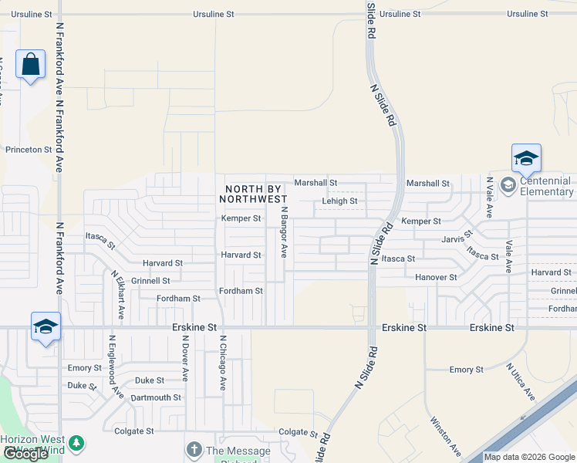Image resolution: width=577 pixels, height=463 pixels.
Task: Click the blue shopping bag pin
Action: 30,65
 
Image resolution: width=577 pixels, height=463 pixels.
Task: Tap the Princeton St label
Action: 28,150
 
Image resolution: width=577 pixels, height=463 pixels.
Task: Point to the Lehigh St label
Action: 339,201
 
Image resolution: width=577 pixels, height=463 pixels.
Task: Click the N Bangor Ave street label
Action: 284,232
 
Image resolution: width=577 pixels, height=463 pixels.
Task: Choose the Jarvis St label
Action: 458,238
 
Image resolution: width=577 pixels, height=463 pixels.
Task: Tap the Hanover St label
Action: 436,277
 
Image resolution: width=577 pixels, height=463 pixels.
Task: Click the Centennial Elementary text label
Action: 546,186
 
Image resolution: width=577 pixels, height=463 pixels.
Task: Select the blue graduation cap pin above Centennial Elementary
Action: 526,158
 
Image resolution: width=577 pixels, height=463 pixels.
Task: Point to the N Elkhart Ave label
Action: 117,295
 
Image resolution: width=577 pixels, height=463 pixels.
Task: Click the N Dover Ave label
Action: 185,358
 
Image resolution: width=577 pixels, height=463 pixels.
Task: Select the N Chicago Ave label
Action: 222,363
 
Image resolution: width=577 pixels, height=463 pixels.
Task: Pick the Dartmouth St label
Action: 156,398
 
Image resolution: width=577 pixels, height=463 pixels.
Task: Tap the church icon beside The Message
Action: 193,449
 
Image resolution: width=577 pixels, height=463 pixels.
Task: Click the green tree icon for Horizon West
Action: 76,443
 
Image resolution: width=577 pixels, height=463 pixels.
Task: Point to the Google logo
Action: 25,455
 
